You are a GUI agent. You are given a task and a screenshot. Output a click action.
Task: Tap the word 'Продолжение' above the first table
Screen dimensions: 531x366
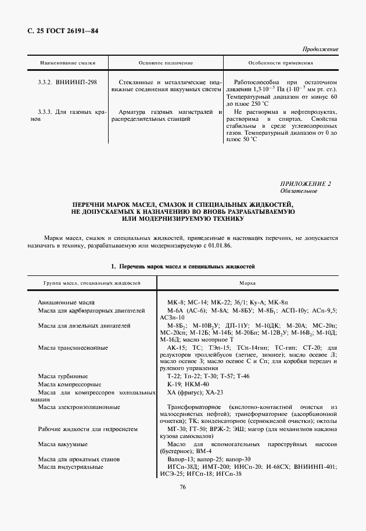click(321, 50)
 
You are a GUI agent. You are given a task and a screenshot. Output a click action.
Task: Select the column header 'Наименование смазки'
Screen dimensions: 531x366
click(67, 62)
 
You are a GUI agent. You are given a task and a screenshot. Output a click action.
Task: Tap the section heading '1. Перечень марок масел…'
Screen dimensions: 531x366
click(183, 266)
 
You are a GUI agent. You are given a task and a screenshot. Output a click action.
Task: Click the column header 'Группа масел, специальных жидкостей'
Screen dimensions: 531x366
click(92, 283)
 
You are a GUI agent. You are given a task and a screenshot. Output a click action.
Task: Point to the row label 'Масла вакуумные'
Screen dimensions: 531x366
click(63, 444)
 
